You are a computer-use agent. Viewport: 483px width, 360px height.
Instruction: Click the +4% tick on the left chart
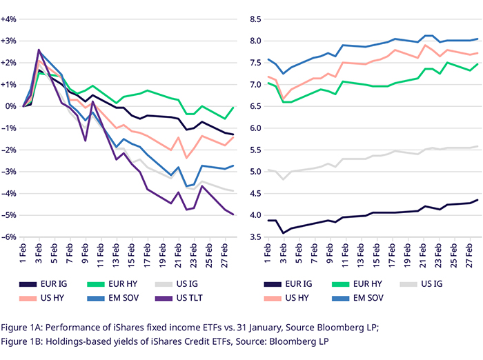pyautogui.click(x=10, y=19)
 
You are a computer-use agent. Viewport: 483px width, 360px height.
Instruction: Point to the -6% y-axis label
pyautogui.click(x=10, y=237)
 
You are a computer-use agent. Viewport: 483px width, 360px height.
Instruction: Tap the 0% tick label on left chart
pyautogui.click(x=12, y=106)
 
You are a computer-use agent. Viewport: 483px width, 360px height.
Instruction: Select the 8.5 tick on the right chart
pyautogui.click(x=253, y=19)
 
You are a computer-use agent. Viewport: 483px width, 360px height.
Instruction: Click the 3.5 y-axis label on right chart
pyautogui.click(x=253, y=237)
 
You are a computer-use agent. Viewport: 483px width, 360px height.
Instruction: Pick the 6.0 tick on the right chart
pyautogui.click(x=253, y=128)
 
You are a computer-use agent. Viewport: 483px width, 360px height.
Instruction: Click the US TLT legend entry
pyautogui.click(x=188, y=298)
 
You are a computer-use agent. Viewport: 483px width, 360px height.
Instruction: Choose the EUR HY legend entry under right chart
pyautogui.click(x=364, y=283)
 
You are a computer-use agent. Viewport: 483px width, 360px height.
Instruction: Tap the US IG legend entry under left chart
pyautogui.click(x=188, y=283)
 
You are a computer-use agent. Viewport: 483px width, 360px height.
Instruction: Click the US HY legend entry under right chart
pyautogui.click(x=295, y=298)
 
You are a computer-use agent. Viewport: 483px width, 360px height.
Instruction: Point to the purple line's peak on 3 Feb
pyautogui.click(x=39, y=50)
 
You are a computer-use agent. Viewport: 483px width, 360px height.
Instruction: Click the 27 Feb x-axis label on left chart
pyautogui.click(x=226, y=254)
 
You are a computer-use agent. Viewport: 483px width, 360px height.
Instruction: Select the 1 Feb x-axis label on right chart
pyautogui.click(x=268, y=254)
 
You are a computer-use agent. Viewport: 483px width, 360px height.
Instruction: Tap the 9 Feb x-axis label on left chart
pyautogui.click(x=86, y=254)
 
